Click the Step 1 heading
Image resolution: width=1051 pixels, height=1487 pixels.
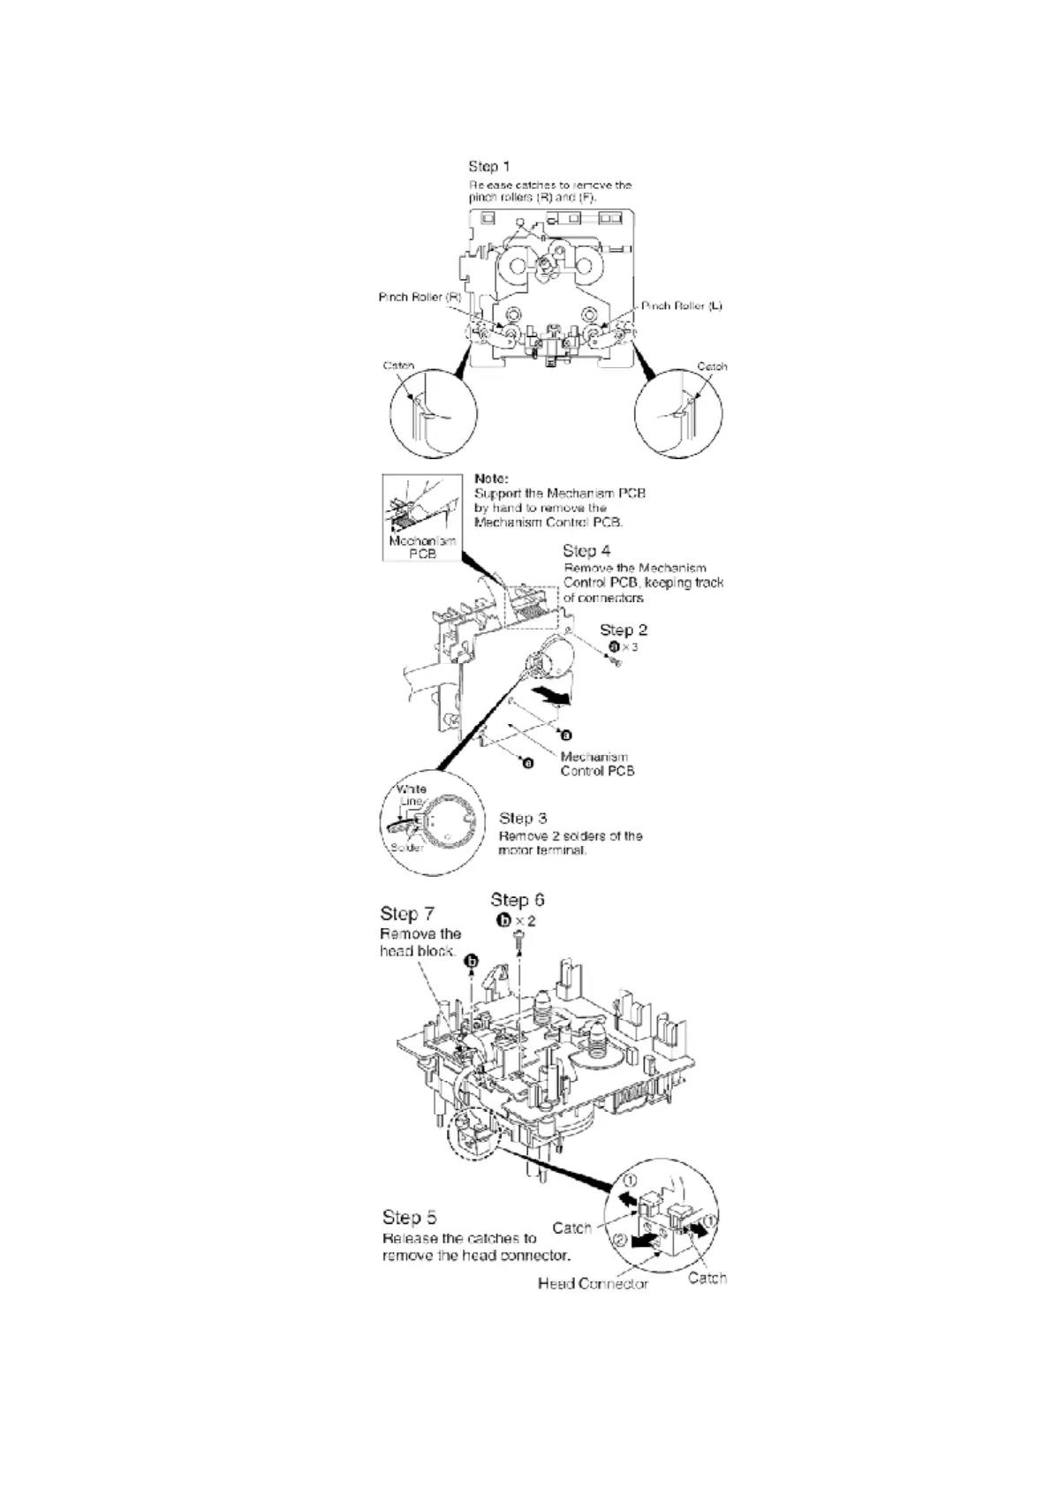[x=488, y=166]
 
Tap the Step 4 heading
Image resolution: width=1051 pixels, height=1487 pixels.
[x=586, y=551]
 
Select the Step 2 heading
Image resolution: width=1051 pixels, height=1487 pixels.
[x=623, y=630]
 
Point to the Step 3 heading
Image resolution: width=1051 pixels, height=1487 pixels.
[x=523, y=819]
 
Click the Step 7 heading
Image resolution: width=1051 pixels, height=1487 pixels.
[x=406, y=913]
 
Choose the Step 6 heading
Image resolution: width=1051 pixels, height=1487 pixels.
[x=518, y=900]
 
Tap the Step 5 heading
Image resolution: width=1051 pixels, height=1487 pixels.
[x=409, y=1218]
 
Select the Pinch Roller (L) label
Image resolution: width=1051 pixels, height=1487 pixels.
[x=681, y=306]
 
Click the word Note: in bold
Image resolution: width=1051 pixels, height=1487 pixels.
[x=491, y=479]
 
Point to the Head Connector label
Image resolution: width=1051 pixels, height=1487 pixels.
[x=593, y=1283]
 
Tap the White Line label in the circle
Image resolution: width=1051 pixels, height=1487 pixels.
[x=412, y=795]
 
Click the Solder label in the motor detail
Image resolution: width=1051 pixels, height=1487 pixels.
[x=407, y=848]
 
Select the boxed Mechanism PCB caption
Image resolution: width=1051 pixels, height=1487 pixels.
[x=422, y=547]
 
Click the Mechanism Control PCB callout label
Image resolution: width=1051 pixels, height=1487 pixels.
[x=597, y=764]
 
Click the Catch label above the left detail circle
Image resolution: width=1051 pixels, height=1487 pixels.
[x=398, y=366]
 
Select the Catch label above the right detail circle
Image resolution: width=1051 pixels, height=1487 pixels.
[x=712, y=366]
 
